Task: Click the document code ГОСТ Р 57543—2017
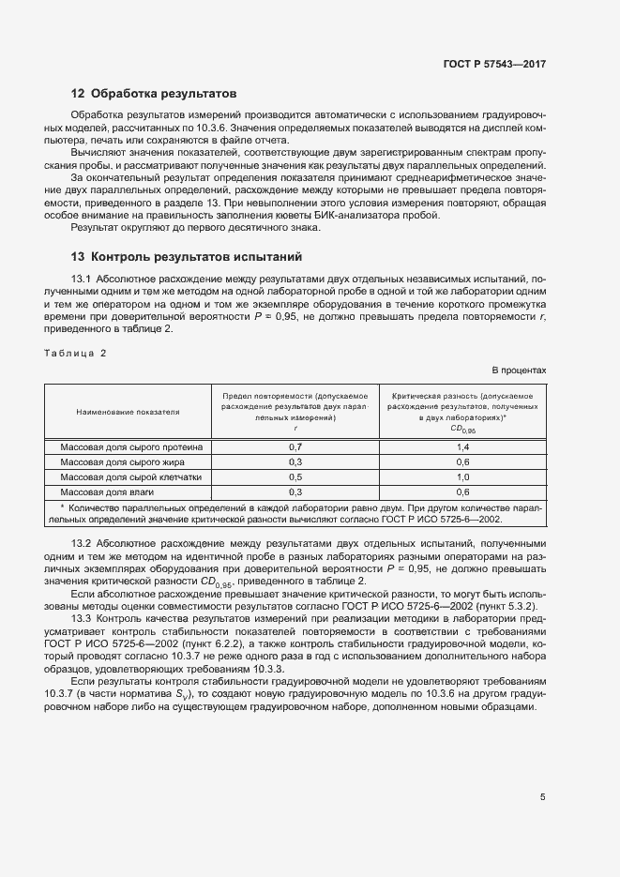coord(494,64)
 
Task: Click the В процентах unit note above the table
coord(519,370)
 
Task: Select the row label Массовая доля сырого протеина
coord(131,447)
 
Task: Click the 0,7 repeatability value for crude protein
coord(295,447)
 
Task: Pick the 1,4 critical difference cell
coord(462,447)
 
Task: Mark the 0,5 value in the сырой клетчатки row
coord(295,476)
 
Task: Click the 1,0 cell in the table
coord(462,476)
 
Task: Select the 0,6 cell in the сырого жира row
coord(462,462)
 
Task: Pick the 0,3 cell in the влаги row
coord(295,491)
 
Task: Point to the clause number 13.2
coord(82,544)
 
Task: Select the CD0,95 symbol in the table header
coord(463,430)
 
